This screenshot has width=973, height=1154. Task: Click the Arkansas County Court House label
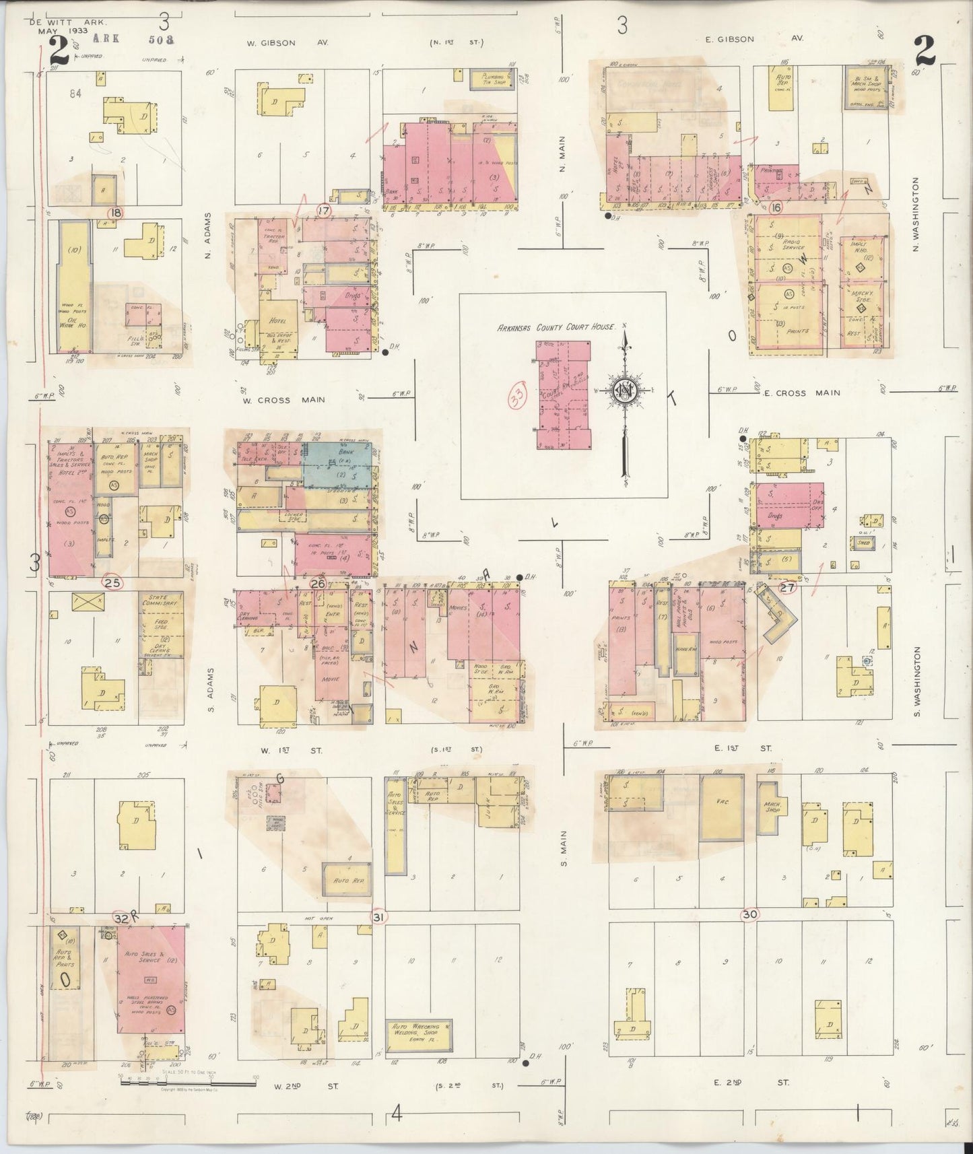pos(556,327)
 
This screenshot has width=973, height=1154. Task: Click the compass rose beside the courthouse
pos(625,391)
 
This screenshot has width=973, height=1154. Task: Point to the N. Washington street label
pos(916,214)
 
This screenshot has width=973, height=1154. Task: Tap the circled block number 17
pos(325,210)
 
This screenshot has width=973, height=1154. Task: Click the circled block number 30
pos(749,914)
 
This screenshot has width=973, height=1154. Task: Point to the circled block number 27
pos(787,588)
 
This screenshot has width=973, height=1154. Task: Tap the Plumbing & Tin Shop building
pos(497,79)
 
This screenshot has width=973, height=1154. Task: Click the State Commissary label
pos(160,599)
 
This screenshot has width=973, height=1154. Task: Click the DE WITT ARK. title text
pos(59,22)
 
